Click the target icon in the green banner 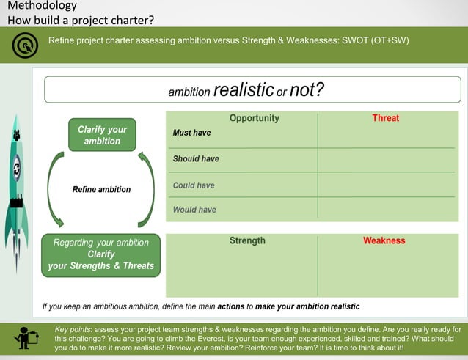coord(24,46)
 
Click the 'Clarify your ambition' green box coord(102,135)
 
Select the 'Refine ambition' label coord(101,189)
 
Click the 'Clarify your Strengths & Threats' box coord(101,254)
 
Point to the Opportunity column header coord(254,118)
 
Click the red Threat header coord(385,118)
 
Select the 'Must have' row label coord(191,133)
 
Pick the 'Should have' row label coord(196,158)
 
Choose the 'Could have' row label coord(194,185)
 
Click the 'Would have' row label coord(194,210)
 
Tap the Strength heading coord(247,240)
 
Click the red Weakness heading coord(384,240)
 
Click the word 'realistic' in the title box coord(243,90)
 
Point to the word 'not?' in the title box coord(307,90)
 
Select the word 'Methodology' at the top coord(42,7)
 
